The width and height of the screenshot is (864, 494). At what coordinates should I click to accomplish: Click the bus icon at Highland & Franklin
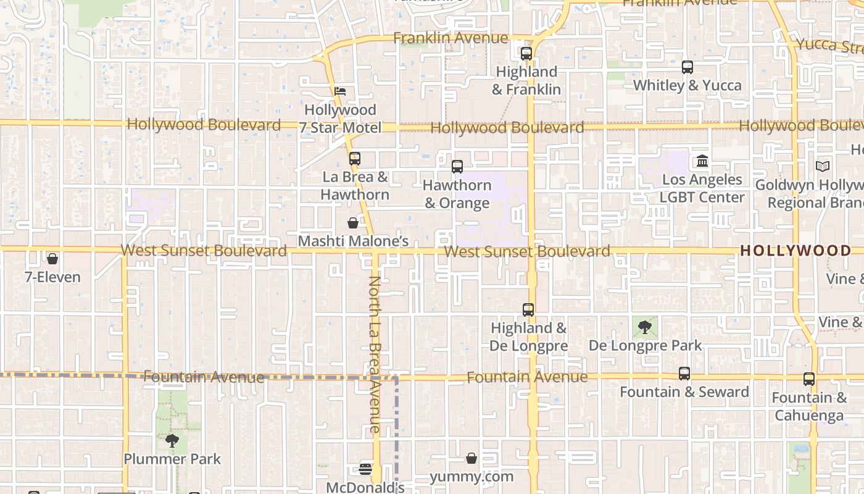coord(526,54)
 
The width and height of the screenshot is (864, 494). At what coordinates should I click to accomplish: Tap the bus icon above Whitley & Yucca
coord(687,67)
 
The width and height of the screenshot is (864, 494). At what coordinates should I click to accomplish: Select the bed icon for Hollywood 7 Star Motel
coord(339,92)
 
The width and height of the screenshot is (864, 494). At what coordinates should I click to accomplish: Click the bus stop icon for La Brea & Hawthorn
coord(354,159)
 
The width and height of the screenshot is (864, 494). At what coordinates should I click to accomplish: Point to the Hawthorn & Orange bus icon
coord(457,167)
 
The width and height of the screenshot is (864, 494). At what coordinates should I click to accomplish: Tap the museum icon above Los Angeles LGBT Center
coord(702,161)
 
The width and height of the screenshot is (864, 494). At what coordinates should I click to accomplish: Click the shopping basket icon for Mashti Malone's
coord(353,223)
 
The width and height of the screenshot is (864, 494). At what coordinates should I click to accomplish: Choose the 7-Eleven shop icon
coord(52,259)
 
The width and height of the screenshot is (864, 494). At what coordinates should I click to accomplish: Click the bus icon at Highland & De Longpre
coord(528,310)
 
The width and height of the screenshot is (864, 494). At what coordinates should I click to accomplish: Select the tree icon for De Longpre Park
coord(645,327)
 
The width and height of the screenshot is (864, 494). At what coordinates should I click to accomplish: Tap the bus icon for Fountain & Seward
coord(684,374)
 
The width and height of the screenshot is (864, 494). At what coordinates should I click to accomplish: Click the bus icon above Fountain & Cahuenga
coord(809,379)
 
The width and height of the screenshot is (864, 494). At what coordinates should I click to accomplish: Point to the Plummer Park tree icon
coord(172,440)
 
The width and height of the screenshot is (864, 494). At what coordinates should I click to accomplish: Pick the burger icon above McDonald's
coord(365,469)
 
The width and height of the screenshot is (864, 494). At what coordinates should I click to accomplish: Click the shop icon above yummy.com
coord(471,458)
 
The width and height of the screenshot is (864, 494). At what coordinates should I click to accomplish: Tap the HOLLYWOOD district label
coord(795,251)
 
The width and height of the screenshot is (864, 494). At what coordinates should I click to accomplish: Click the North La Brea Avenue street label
coord(375,354)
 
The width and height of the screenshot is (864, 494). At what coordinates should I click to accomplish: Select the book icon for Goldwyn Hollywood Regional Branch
coord(823,166)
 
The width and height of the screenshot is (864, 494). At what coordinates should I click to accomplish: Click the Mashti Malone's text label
coord(353,241)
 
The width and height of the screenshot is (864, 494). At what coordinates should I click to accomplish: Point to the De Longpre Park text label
coord(645,345)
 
